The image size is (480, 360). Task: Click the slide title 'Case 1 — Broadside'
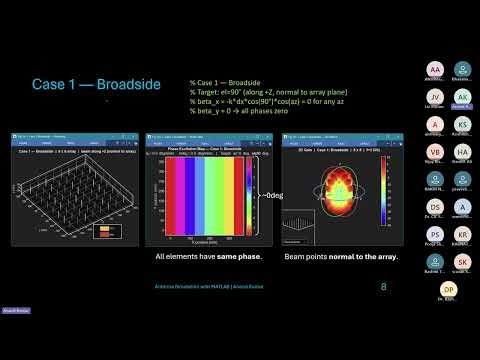click(x=96, y=85)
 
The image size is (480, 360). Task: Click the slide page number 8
click(x=384, y=286)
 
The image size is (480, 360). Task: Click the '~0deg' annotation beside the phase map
click(x=272, y=196)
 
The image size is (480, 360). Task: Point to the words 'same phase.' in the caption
click(x=222, y=257)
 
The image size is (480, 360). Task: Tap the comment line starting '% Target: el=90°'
click(x=255, y=93)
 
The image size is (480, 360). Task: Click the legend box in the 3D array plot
click(x=107, y=230)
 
